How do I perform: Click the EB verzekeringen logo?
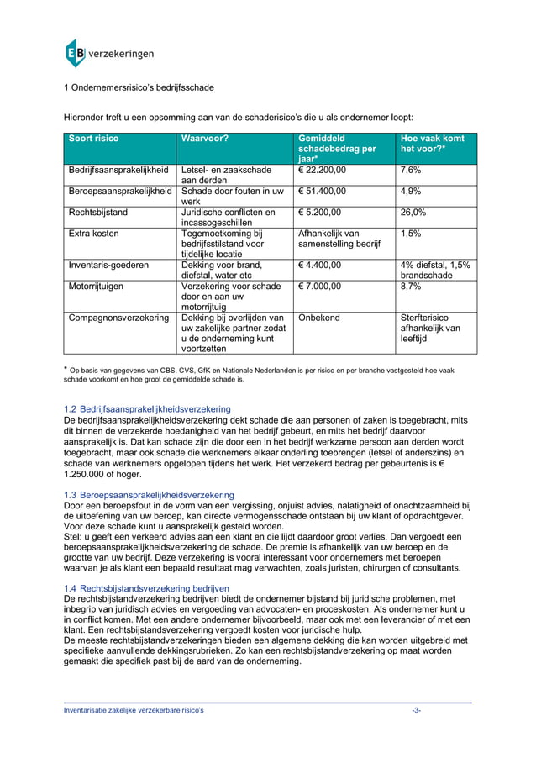(109, 53)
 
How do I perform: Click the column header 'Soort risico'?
(94, 138)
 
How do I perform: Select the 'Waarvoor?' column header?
(206, 138)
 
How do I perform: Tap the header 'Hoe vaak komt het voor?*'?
(434, 144)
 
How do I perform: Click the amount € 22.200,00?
(322, 170)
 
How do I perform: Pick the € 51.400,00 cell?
(322, 191)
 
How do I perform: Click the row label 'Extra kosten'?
(93, 233)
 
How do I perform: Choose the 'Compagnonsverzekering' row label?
(118, 318)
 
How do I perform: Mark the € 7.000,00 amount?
(319, 287)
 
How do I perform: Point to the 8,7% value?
(410, 287)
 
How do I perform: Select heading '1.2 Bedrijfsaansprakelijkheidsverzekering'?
(147, 408)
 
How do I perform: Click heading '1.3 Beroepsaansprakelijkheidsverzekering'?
(149, 495)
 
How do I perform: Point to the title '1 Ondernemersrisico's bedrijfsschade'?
(139, 87)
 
